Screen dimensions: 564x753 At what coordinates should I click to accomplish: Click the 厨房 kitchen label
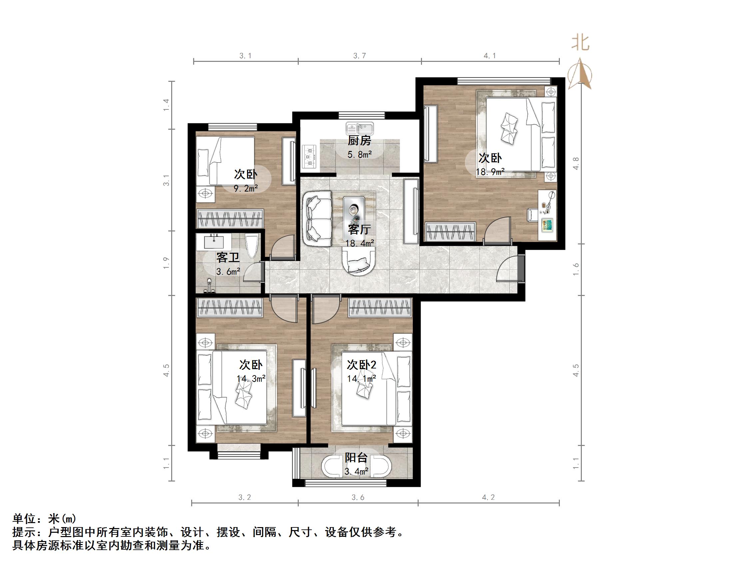pyautogui.click(x=359, y=140)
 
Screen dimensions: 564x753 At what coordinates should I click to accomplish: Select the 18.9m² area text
pyautogui.click(x=490, y=172)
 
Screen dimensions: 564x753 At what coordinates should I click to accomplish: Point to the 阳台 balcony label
pyautogui.click(x=356, y=458)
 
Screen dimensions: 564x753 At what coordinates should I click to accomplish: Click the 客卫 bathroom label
pyautogui.click(x=228, y=257)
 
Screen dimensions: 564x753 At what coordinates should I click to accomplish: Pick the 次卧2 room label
pyautogui.click(x=361, y=365)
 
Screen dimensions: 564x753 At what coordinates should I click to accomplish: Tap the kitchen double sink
pyautogui.click(x=359, y=129)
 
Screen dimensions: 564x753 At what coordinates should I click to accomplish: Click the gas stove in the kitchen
pyautogui.click(x=309, y=157)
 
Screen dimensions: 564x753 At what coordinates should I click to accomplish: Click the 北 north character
pyautogui.click(x=580, y=44)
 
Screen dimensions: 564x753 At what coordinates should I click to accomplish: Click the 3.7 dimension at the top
pyautogui.click(x=359, y=56)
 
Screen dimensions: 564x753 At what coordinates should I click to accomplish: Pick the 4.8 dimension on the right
pyautogui.click(x=576, y=164)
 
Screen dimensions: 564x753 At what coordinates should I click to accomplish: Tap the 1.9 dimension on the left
pyautogui.click(x=166, y=263)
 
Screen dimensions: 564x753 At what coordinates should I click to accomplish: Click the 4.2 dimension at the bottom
pyautogui.click(x=488, y=498)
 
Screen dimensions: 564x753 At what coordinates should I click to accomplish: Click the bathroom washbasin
pyautogui.click(x=214, y=242)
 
